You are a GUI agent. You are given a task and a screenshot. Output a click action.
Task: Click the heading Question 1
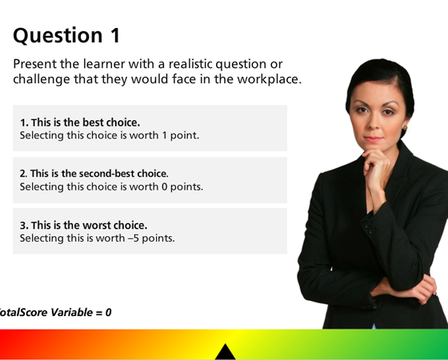(x=67, y=35)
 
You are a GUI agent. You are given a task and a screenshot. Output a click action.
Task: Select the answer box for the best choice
(x=150, y=128)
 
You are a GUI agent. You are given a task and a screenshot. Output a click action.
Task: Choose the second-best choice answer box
(x=150, y=180)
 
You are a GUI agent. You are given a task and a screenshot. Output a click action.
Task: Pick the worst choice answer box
(x=150, y=231)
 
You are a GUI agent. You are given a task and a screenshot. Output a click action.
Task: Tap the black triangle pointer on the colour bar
(x=226, y=351)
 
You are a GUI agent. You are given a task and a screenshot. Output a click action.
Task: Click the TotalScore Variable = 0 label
(x=54, y=312)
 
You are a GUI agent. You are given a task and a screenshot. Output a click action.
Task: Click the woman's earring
(x=404, y=128)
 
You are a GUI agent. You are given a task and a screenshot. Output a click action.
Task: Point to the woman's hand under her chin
(x=375, y=160)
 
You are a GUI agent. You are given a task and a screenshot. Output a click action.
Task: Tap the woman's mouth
(x=374, y=140)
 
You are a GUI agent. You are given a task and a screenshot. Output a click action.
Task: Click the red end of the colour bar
(x=12, y=345)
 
